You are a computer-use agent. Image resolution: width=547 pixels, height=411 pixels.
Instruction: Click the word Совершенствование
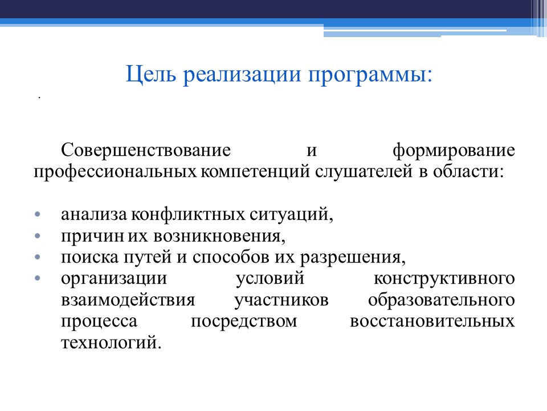pyautogui.click(x=147, y=151)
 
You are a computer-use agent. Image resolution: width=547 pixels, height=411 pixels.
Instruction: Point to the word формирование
pyautogui.click(x=454, y=151)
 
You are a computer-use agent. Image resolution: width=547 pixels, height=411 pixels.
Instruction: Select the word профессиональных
pyautogui.click(x=116, y=172)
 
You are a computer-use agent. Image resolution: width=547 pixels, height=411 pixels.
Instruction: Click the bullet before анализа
pyautogui.click(x=38, y=215)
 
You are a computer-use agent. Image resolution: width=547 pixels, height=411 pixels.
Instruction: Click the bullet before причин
pyautogui.click(x=38, y=236)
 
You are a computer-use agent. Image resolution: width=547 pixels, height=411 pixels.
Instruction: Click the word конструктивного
pyautogui.click(x=445, y=279)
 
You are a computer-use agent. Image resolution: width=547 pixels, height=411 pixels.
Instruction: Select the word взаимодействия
pyautogui.click(x=128, y=300)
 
